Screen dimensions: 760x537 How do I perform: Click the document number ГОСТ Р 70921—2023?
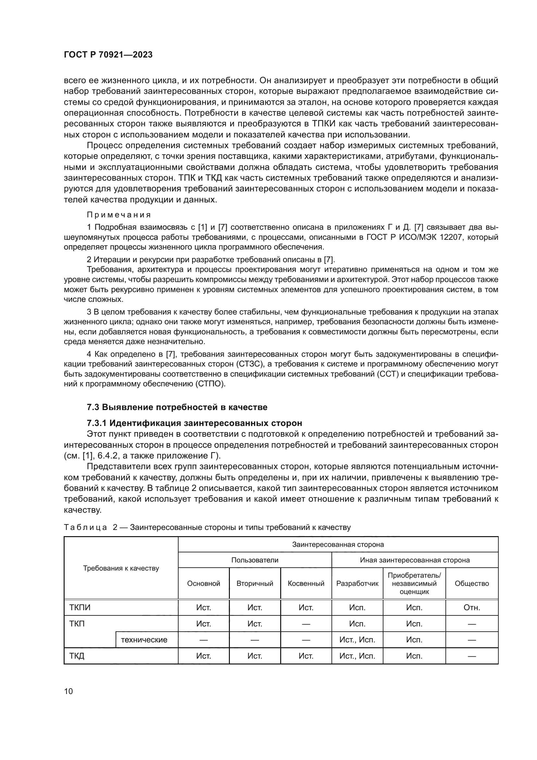[108, 55]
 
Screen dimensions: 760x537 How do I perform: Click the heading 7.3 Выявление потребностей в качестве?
[177, 407]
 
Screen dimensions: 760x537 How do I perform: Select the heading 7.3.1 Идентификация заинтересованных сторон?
[194, 423]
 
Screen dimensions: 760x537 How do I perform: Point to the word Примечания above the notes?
[119, 215]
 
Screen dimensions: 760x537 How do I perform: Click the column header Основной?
[203, 584]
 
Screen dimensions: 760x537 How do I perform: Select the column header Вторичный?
[255, 584]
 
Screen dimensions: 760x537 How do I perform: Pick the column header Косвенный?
[306, 584]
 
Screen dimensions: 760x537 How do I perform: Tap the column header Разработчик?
[357, 584]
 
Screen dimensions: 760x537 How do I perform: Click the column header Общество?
[471, 584]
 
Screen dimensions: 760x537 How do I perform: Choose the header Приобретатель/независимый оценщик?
[414, 583]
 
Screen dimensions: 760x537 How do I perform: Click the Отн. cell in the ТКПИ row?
[471, 608]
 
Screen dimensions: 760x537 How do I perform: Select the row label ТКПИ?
[80, 608]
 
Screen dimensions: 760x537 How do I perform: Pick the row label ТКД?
[77, 656]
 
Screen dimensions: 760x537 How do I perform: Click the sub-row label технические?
[144, 640]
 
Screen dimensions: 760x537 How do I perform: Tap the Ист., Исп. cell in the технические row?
[357, 640]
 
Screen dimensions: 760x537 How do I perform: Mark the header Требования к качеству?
[121, 568]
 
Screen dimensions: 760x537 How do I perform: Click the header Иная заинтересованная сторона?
[415, 560]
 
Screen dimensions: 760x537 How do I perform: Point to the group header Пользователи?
[255, 560]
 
